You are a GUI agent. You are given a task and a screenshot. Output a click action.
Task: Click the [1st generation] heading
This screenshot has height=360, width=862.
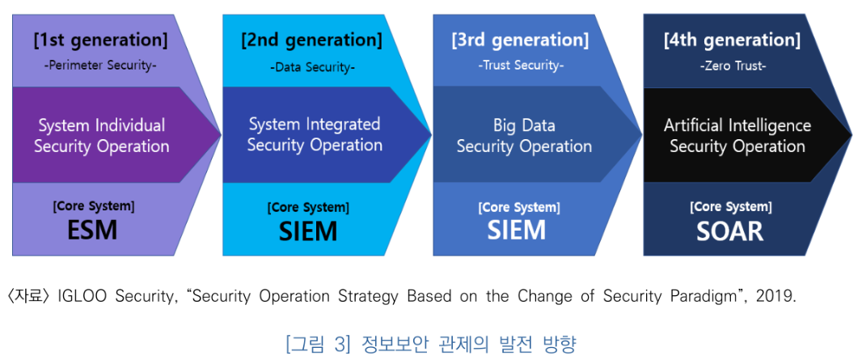pos(100,40)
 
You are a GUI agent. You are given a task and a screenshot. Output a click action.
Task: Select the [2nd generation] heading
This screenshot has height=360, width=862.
pos(311,40)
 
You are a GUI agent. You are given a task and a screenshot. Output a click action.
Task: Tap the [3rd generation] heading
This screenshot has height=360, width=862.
pos(521,40)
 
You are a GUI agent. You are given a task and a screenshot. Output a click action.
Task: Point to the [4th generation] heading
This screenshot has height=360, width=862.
pos(732,40)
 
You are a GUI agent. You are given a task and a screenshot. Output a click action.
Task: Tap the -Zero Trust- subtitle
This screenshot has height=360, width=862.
pos(733,66)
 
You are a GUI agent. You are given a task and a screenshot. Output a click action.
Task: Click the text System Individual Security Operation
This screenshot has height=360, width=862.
pos(102,136)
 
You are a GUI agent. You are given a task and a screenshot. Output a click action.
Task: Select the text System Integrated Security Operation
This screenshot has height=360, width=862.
pos(315,134)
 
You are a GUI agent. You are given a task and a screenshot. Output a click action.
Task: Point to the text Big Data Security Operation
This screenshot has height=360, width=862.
pos(524,136)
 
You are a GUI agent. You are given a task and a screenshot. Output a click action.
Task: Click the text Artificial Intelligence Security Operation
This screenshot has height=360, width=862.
pos(737,136)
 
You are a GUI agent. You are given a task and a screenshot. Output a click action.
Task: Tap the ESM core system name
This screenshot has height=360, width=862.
pos(93,231)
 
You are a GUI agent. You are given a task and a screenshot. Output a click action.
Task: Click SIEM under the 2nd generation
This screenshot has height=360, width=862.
pos(308,232)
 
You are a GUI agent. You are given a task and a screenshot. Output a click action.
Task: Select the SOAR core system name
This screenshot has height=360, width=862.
pos(730,232)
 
